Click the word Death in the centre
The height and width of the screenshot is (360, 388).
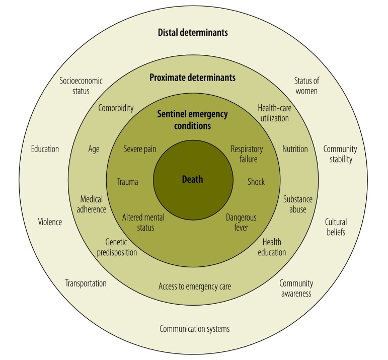point(193,179)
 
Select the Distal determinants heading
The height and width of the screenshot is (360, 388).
point(193,33)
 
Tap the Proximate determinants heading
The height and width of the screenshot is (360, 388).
point(193,78)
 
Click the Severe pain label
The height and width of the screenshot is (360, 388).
point(140,149)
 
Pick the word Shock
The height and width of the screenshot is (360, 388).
point(256,182)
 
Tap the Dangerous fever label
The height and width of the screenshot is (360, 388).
point(241,223)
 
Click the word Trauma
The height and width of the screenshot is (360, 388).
point(128,182)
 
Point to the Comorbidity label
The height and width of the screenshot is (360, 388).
point(116,108)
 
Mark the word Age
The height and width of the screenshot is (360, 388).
point(94,149)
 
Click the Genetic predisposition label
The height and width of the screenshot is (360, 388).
point(117,247)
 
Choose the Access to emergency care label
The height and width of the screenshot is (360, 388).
point(195,286)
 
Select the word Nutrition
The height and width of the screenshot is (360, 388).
point(295,149)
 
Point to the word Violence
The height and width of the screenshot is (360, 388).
point(50,222)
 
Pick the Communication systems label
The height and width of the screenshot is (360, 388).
point(195,329)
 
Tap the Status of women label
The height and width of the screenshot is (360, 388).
point(306,86)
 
